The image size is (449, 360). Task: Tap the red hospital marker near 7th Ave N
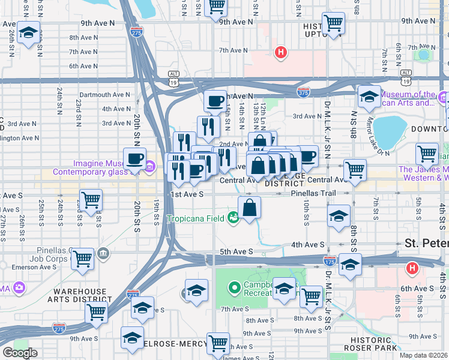point(280,53)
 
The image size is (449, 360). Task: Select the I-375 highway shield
point(304,92)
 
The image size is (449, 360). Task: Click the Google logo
point(20,353)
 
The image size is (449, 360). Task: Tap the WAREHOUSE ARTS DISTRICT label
point(81,296)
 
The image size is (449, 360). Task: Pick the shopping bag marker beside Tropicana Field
point(249,209)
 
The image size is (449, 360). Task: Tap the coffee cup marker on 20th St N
point(134,159)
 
